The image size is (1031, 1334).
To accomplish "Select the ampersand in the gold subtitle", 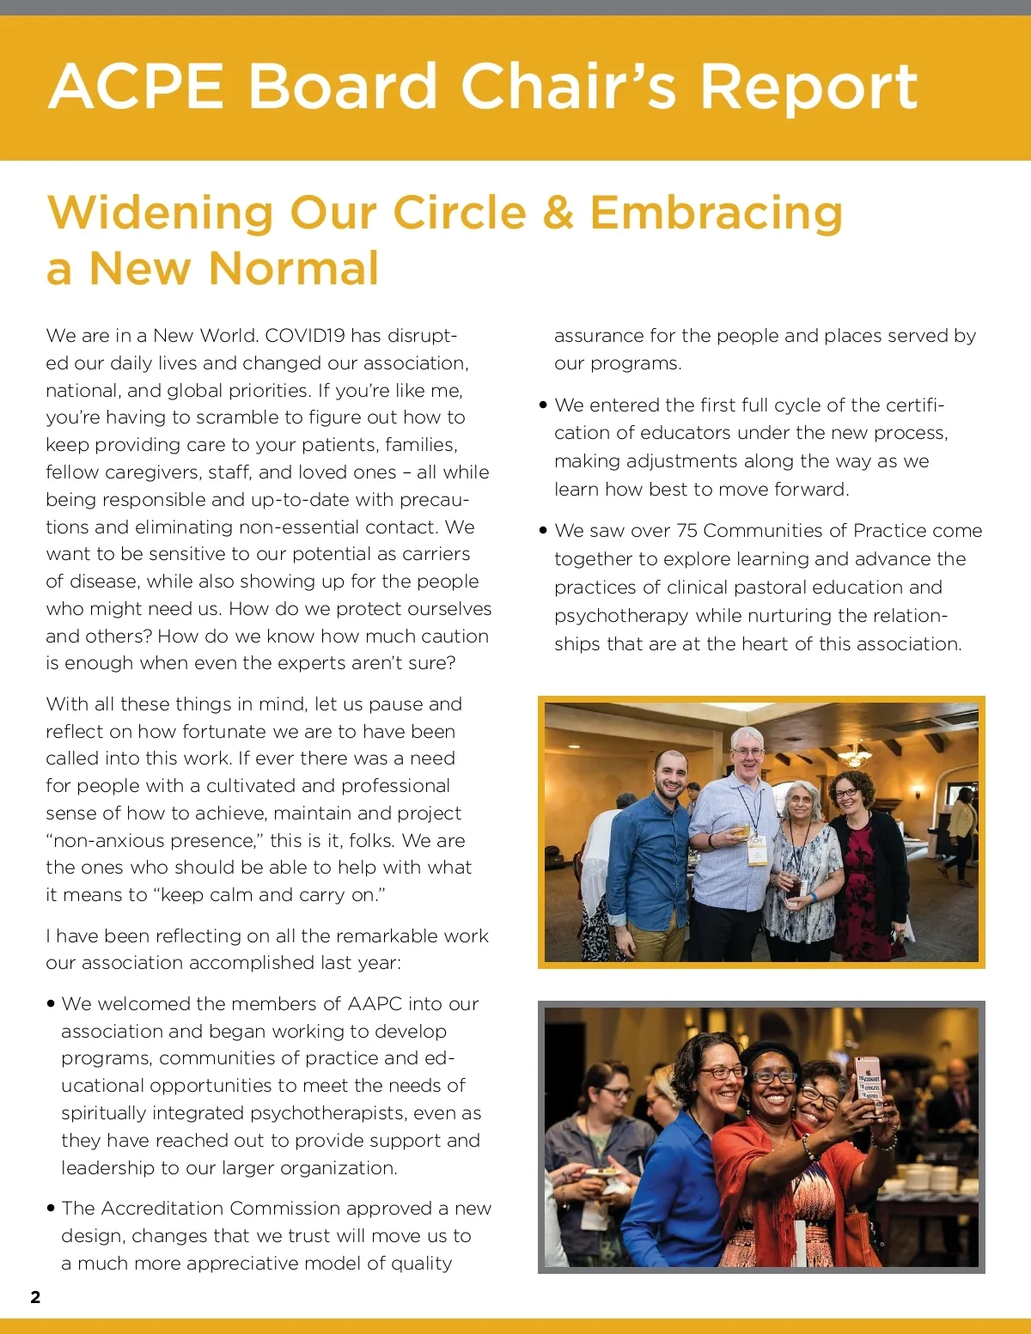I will point(558,212).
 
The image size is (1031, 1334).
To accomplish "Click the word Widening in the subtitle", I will point(160,213).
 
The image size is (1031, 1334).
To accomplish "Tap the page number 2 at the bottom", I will point(35,1297).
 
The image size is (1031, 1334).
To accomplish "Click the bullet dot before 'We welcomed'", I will point(52,1003).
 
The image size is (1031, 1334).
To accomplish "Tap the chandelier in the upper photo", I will point(854,755).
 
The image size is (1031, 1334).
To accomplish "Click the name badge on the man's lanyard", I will point(757,850).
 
